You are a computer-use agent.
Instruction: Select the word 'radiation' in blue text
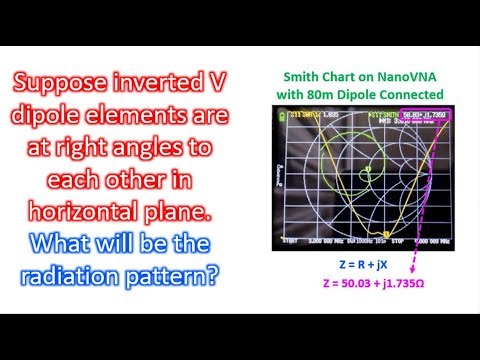pyautogui.click(x=93, y=273)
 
